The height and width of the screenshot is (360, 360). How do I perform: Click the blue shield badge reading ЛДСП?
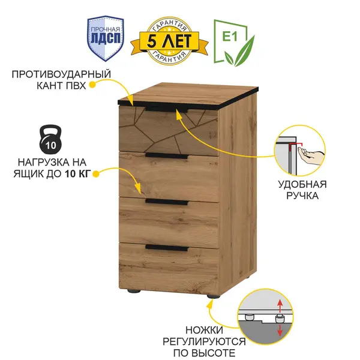106,38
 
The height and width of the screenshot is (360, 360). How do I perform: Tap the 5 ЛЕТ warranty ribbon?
169,41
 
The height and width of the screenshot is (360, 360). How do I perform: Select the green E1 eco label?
234,43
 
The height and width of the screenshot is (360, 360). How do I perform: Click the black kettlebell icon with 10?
51,139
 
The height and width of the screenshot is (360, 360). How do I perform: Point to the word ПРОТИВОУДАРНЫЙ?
61,74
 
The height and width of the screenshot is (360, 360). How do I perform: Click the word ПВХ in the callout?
76,86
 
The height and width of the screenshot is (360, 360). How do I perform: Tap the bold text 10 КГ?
77,174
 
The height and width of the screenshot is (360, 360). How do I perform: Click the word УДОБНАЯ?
302,185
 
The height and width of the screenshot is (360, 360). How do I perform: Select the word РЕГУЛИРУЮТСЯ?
204,341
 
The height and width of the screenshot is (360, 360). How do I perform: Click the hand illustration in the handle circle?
311,154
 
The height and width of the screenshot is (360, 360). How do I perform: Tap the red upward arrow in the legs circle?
280,306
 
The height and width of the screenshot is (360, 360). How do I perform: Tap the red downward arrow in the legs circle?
280,330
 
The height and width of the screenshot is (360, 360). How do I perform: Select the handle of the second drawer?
167,155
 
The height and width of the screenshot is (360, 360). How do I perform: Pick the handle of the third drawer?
167,202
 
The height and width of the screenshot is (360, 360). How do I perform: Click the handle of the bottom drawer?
167,248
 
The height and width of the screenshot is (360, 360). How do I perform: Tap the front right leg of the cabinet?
213,296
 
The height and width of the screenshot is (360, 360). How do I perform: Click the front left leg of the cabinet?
134,291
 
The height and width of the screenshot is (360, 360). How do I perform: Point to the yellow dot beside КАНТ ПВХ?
92,85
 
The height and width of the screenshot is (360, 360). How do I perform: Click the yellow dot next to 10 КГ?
96,174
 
